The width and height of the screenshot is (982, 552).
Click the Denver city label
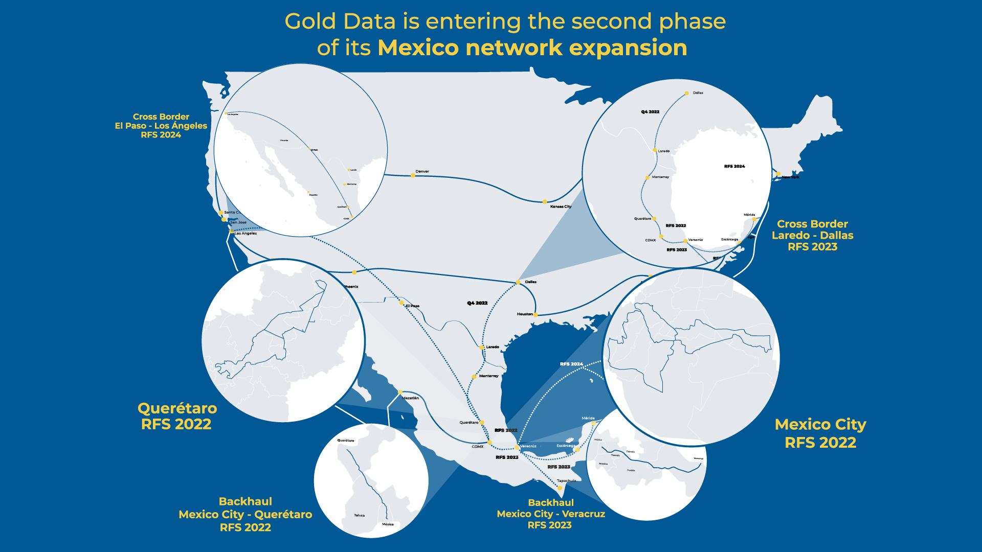coord(422,172)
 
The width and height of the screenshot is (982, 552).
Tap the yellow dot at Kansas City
coord(545,202)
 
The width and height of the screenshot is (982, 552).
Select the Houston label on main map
coord(524,314)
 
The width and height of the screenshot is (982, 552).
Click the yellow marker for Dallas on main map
coord(518,282)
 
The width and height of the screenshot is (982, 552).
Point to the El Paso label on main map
coord(412,306)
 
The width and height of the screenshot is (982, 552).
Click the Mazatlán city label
coord(410,398)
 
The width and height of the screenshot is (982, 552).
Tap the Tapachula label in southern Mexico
coord(566,480)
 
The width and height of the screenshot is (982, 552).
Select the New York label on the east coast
coord(790,177)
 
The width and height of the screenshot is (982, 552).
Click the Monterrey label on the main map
coord(488,376)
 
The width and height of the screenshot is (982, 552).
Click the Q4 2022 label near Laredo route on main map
coord(477,303)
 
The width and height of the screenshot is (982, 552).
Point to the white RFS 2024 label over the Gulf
coord(571,364)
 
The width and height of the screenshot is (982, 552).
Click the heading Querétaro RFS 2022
coord(177,416)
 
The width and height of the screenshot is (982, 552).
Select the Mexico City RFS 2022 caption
coord(820,433)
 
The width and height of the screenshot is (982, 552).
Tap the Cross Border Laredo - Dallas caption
coord(812,235)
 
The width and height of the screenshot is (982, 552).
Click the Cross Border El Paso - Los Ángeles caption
coord(161,126)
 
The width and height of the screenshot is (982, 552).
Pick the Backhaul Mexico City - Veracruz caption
coord(551,514)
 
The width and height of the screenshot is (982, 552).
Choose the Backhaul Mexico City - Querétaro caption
coord(245,514)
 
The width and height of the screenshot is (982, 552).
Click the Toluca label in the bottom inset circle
coord(359,515)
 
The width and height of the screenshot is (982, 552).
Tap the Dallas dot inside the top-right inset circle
coord(687,94)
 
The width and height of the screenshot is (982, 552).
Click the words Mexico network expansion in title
coord(532,48)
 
